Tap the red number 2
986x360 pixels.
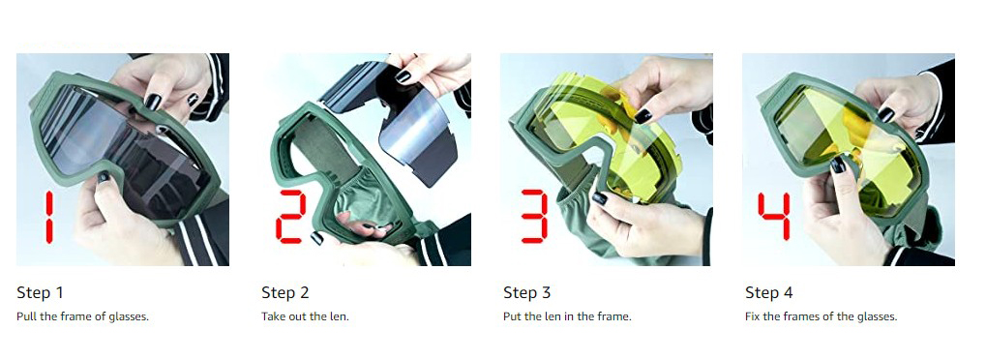tap(291, 217)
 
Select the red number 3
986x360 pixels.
tap(534, 216)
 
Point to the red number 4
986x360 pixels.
tap(773, 216)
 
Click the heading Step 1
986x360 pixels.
tap(40, 292)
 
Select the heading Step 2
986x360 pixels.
tap(284, 292)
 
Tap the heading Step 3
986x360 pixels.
tap(527, 292)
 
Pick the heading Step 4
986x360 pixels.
tap(769, 292)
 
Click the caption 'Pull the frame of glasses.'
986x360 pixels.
tap(82, 316)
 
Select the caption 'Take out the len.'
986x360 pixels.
tap(305, 316)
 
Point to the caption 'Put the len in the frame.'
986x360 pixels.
tap(567, 316)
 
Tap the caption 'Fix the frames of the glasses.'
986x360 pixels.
tap(822, 316)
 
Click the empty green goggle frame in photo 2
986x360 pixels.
tap(340, 176)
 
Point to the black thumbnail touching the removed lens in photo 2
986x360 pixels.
tap(403, 76)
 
